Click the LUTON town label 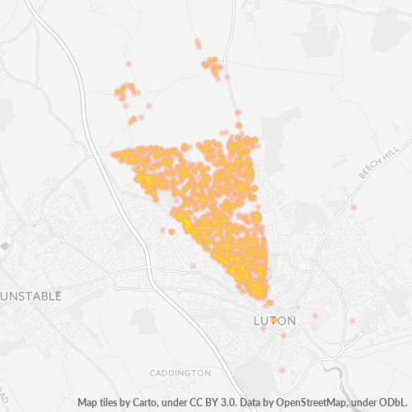(x=273, y=319)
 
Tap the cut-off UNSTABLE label (x=31, y=296)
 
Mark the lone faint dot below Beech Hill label (x=353, y=208)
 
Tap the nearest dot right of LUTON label (x=315, y=316)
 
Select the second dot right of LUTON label (x=351, y=321)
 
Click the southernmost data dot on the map (x=282, y=371)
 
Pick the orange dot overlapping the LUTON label (x=273, y=320)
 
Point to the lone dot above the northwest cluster (x=129, y=63)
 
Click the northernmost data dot (x=198, y=41)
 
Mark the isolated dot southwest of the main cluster (x=193, y=266)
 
